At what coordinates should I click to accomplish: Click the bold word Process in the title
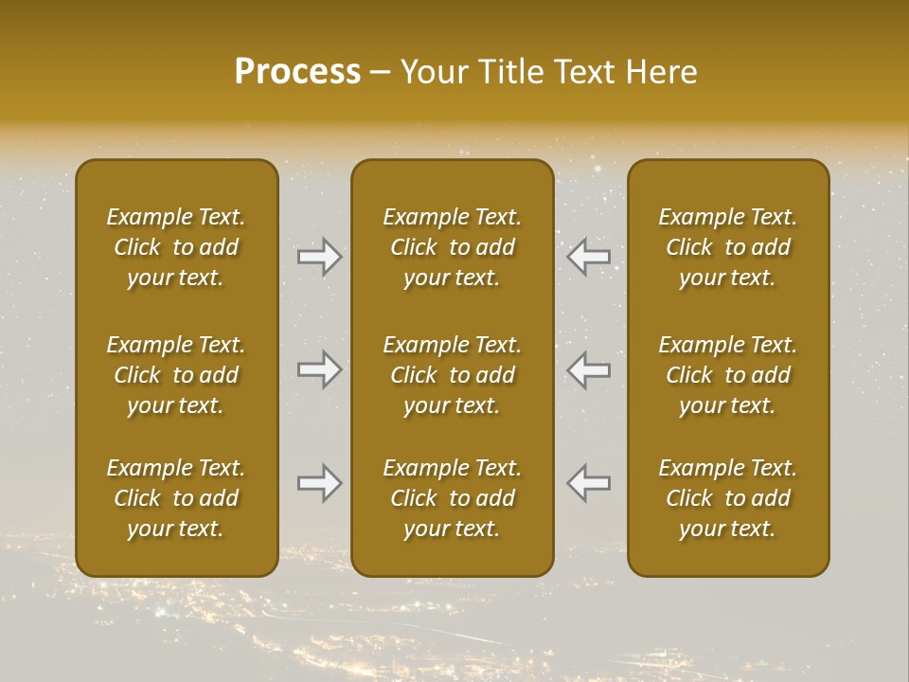(x=297, y=72)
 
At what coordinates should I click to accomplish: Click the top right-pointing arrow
(x=320, y=257)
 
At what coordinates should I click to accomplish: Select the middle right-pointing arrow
(x=320, y=369)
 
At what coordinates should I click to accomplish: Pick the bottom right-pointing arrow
(x=320, y=483)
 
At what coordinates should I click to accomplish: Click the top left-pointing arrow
(x=588, y=257)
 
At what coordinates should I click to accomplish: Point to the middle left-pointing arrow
(x=588, y=369)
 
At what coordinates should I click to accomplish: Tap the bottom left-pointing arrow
(x=588, y=483)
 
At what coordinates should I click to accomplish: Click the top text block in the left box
(x=176, y=247)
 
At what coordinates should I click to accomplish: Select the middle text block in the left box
(x=176, y=375)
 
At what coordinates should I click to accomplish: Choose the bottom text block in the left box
(x=176, y=498)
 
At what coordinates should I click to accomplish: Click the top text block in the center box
(x=452, y=247)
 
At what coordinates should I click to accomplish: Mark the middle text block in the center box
(x=452, y=375)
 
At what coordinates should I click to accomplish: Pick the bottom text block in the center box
(x=452, y=498)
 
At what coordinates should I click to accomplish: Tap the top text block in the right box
(x=727, y=247)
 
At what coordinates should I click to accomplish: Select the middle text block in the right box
(x=727, y=375)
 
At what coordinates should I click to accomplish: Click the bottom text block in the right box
(x=727, y=498)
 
